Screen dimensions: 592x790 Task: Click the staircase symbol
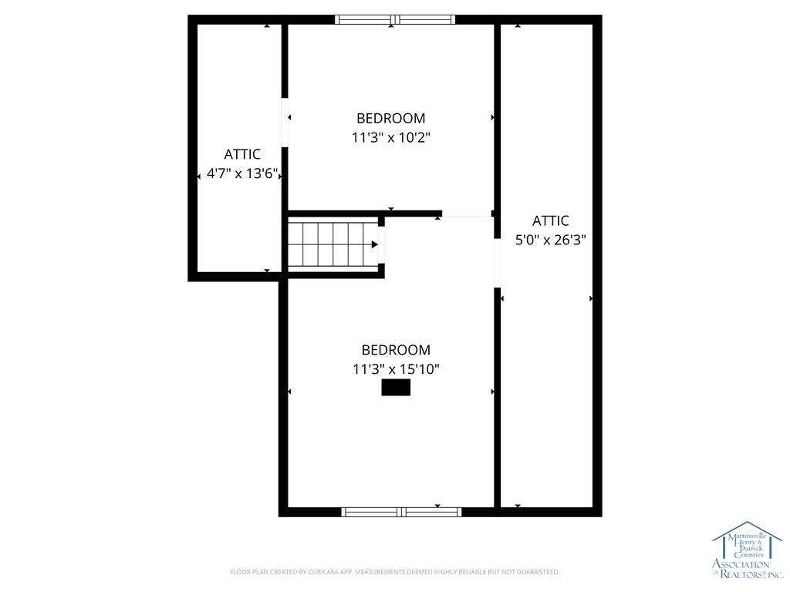point(332,244)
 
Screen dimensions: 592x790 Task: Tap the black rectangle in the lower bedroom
point(396,388)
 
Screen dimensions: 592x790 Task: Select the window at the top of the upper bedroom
point(395,20)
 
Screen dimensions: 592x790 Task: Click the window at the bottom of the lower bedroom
point(401,512)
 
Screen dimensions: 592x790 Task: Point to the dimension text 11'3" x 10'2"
point(390,138)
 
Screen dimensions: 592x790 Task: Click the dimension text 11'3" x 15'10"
point(396,369)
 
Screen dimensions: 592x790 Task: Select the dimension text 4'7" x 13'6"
point(242,174)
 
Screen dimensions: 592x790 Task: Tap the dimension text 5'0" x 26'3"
point(550,240)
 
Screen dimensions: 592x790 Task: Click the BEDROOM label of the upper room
point(390,119)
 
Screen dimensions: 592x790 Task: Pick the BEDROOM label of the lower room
point(396,350)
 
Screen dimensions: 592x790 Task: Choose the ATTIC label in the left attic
point(242,155)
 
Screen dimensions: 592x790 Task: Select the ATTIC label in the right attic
point(550,220)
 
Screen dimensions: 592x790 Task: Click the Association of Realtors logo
point(746,551)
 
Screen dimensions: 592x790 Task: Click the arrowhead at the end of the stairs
point(374,244)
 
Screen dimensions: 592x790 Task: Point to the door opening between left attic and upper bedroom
point(285,121)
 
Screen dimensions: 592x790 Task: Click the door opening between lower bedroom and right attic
point(498,262)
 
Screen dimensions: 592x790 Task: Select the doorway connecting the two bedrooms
point(467,214)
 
